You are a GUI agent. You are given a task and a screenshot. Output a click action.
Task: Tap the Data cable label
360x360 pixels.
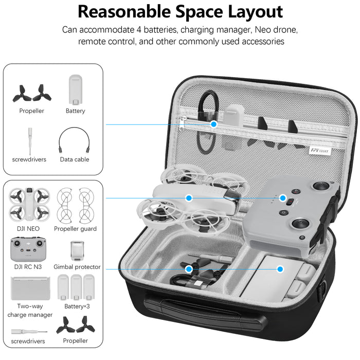click(x=75, y=159)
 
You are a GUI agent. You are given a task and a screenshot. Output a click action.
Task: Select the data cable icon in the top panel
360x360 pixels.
click(x=75, y=138)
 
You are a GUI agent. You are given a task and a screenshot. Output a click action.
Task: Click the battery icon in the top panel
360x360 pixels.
click(x=75, y=88)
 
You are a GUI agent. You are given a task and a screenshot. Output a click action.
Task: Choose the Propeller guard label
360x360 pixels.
click(x=75, y=229)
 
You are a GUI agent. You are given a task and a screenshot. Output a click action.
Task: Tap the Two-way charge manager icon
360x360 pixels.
click(x=30, y=287)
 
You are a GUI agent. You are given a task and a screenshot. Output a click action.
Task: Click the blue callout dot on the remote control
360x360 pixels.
click(x=282, y=197)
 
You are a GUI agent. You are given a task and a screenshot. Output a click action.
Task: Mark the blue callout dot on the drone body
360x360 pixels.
click(x=189, y=197)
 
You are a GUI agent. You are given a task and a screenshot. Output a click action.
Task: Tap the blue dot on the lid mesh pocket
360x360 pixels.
click(x=214, y=124)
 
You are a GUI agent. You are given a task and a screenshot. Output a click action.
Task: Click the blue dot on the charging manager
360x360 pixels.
click(x=280, y=268)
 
